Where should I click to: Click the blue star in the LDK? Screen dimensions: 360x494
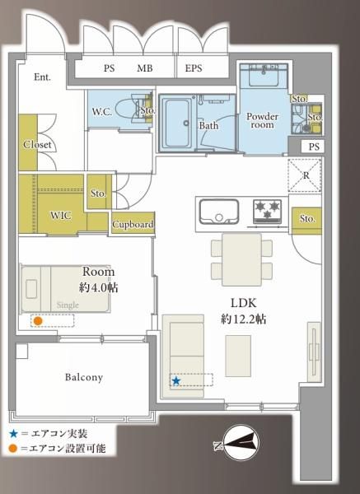click(x=176, y=381)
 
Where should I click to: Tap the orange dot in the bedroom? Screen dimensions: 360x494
click(x=38, y=321)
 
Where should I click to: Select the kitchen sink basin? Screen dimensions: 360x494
click(x=219, y=212)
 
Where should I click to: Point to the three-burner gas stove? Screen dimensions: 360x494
click(x=267, y=212)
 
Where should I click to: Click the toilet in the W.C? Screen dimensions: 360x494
click(x=129, y=109)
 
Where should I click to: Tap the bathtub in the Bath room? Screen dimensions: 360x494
click(x=178, y=123)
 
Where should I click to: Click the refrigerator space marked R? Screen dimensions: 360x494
click(x=305, y=175)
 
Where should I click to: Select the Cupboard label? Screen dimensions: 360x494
click(x=133, y=224)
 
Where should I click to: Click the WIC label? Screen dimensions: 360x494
click(x=61, y=216)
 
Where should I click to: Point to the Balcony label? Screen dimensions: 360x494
click(x=84, y=377)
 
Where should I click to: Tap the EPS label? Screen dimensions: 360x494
click(x=194, y=68)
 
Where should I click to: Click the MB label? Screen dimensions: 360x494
click(x=145, y=68)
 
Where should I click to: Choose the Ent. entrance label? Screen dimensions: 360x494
click(x=42, y=77)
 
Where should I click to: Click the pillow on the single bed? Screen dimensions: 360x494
click(x=31, y=289)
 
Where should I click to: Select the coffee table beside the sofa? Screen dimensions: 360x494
click(x=238, y=356)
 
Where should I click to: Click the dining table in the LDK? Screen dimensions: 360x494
click(x=241, y=259)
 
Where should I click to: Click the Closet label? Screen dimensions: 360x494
click(x=37, y=145)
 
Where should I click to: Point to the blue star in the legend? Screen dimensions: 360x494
click(x=13, y=434)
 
